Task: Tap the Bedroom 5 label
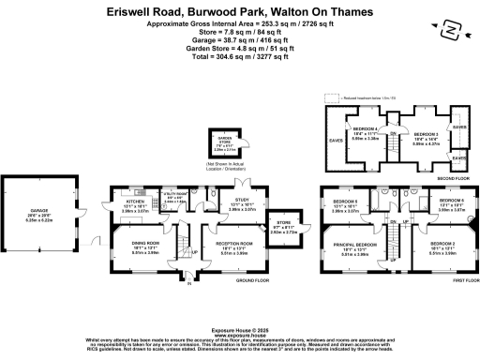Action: (345, 202)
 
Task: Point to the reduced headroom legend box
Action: (331, 96)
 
